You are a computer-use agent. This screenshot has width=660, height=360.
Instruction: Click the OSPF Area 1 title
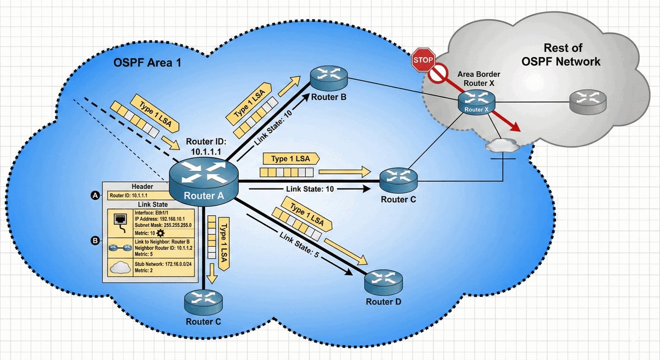[x=147, y=63]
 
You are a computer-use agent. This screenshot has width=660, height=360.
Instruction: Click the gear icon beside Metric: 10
[x=161, y=234]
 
